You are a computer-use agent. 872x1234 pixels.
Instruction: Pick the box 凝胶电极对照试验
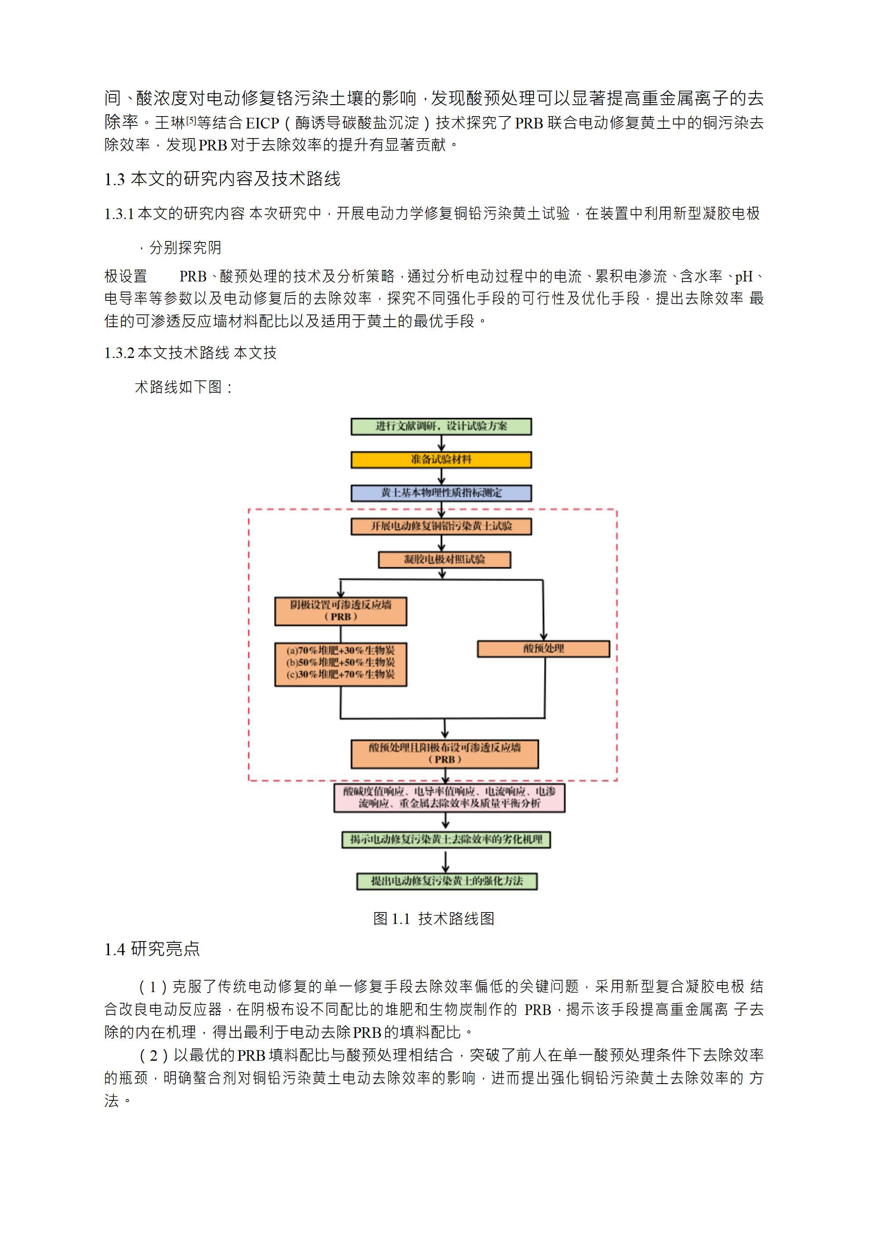click(x=444, y=559)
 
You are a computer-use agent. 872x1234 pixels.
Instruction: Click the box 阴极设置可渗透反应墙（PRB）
click(x=341, y=611)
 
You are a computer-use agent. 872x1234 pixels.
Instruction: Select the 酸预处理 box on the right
click(x=543, y=649)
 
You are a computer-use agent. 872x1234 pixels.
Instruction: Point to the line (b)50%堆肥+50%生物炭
click(x=341, y=663)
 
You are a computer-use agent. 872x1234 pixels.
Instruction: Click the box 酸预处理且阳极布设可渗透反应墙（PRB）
click(x=444, y=753)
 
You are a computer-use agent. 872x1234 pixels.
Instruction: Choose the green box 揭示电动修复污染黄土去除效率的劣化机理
click(x=446, y=840)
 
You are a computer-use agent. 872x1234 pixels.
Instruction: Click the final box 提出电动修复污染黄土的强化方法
click(x=447, y=881)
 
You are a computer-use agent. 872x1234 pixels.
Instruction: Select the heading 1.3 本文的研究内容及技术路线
click(x=222, y=179)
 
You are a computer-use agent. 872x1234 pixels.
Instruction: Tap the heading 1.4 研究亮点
click(x=152, y=949)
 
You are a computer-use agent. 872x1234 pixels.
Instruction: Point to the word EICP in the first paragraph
click(x=262, y=124)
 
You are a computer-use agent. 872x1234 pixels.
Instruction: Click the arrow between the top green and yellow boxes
click(x=441, y=443)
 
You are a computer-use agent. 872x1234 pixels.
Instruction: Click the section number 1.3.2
click(x=119, y=353)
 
